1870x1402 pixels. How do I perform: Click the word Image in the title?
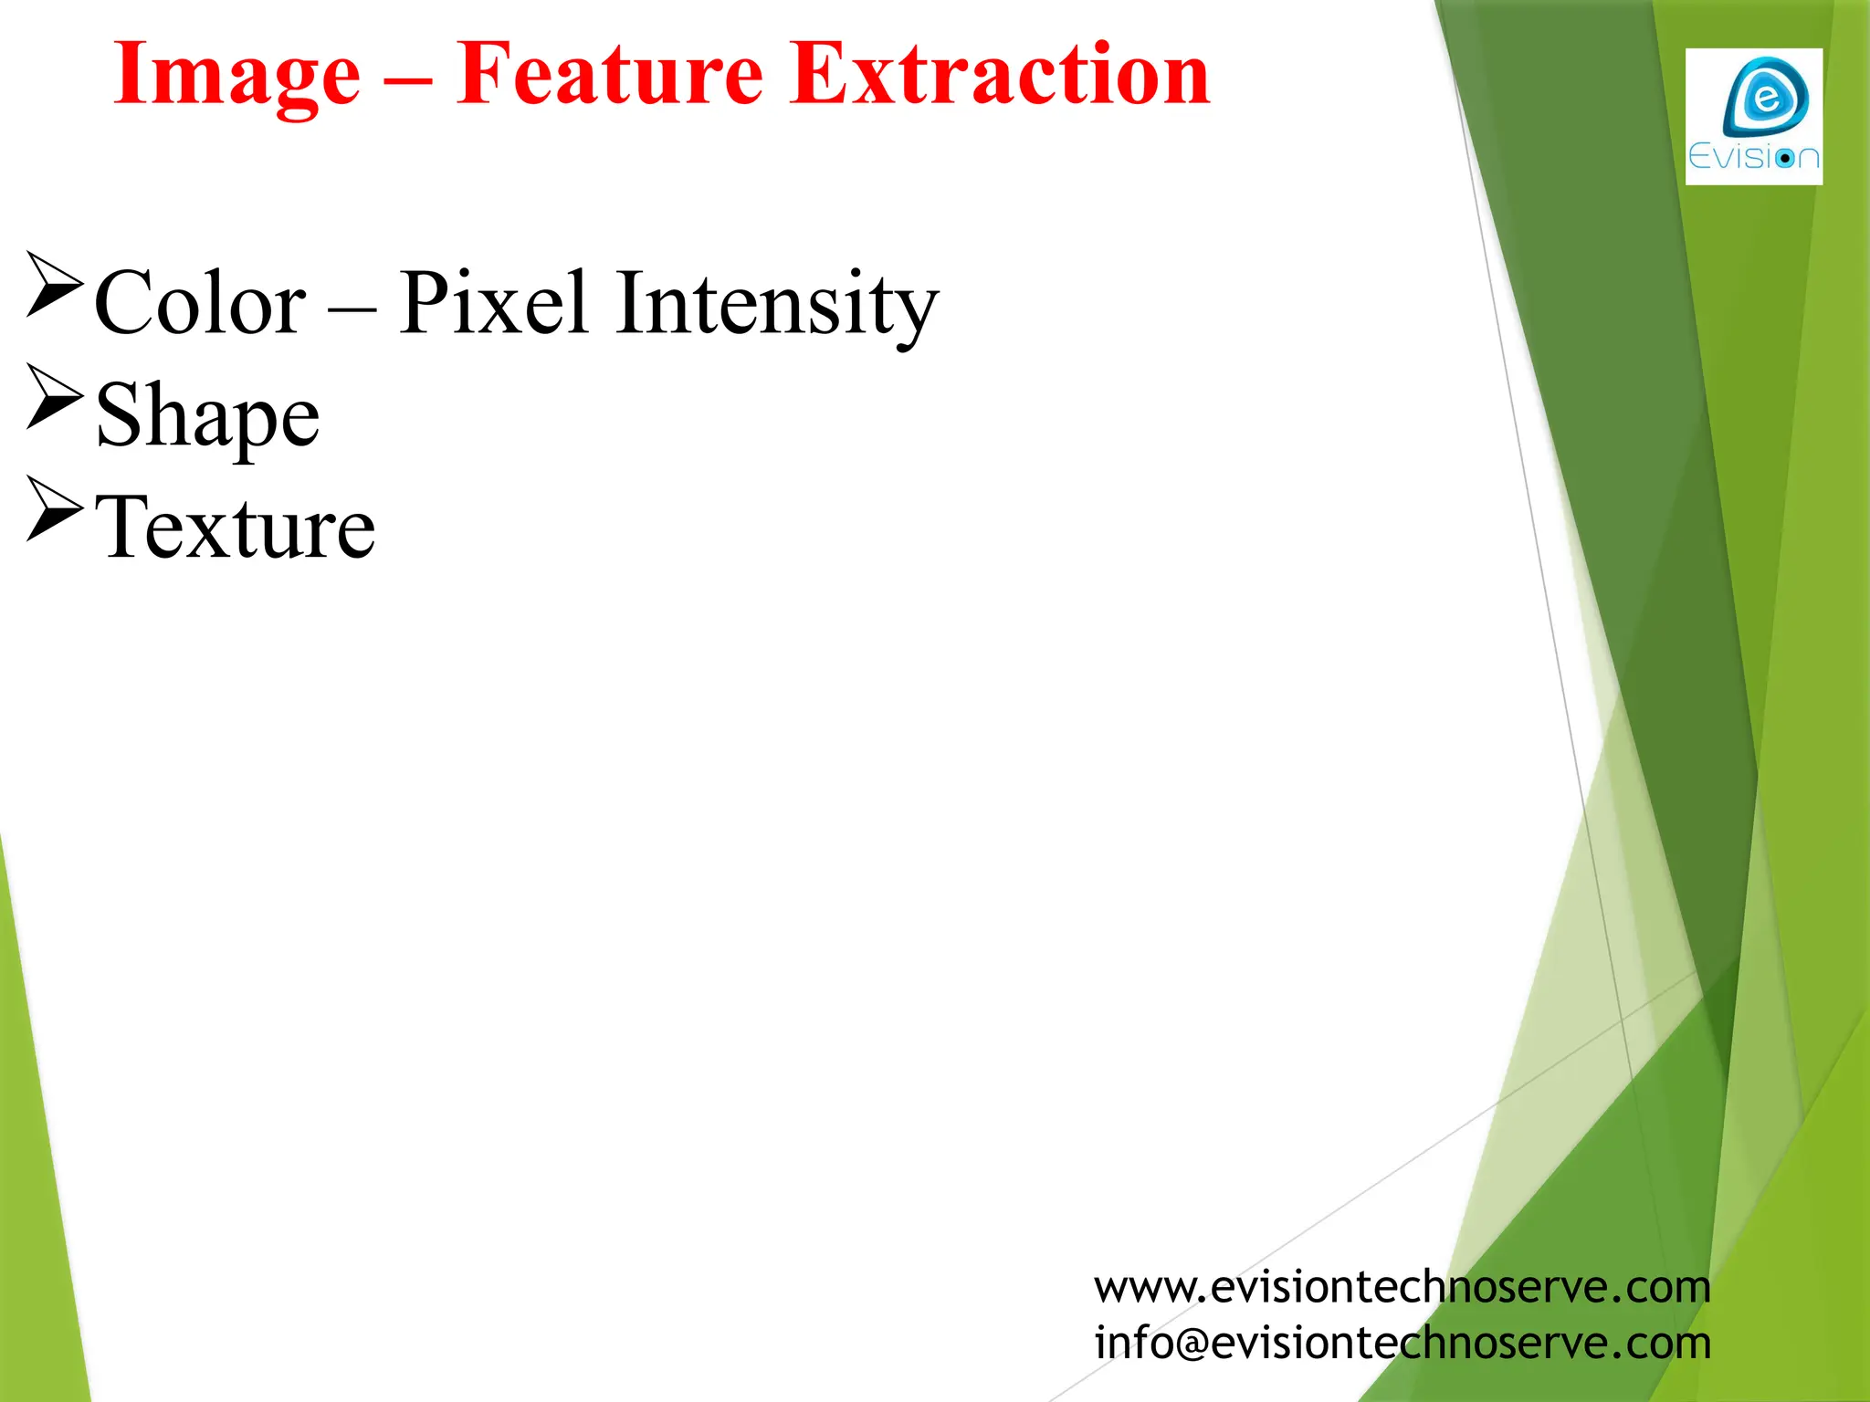coord(236,77)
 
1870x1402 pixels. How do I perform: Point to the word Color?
coord(200,304)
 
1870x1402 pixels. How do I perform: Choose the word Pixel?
coord(493,302)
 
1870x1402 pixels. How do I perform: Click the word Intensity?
coord(776,304)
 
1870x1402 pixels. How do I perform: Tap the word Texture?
coord(235,528)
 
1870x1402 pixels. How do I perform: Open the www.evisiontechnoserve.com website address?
coord(1402,1287)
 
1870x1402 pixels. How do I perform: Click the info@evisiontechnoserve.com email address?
coord(1402,1343)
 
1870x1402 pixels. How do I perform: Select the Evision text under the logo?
coord(1753,158)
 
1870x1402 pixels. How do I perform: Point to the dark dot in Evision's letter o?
coord(1784,159)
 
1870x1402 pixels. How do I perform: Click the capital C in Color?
coord(124,304)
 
